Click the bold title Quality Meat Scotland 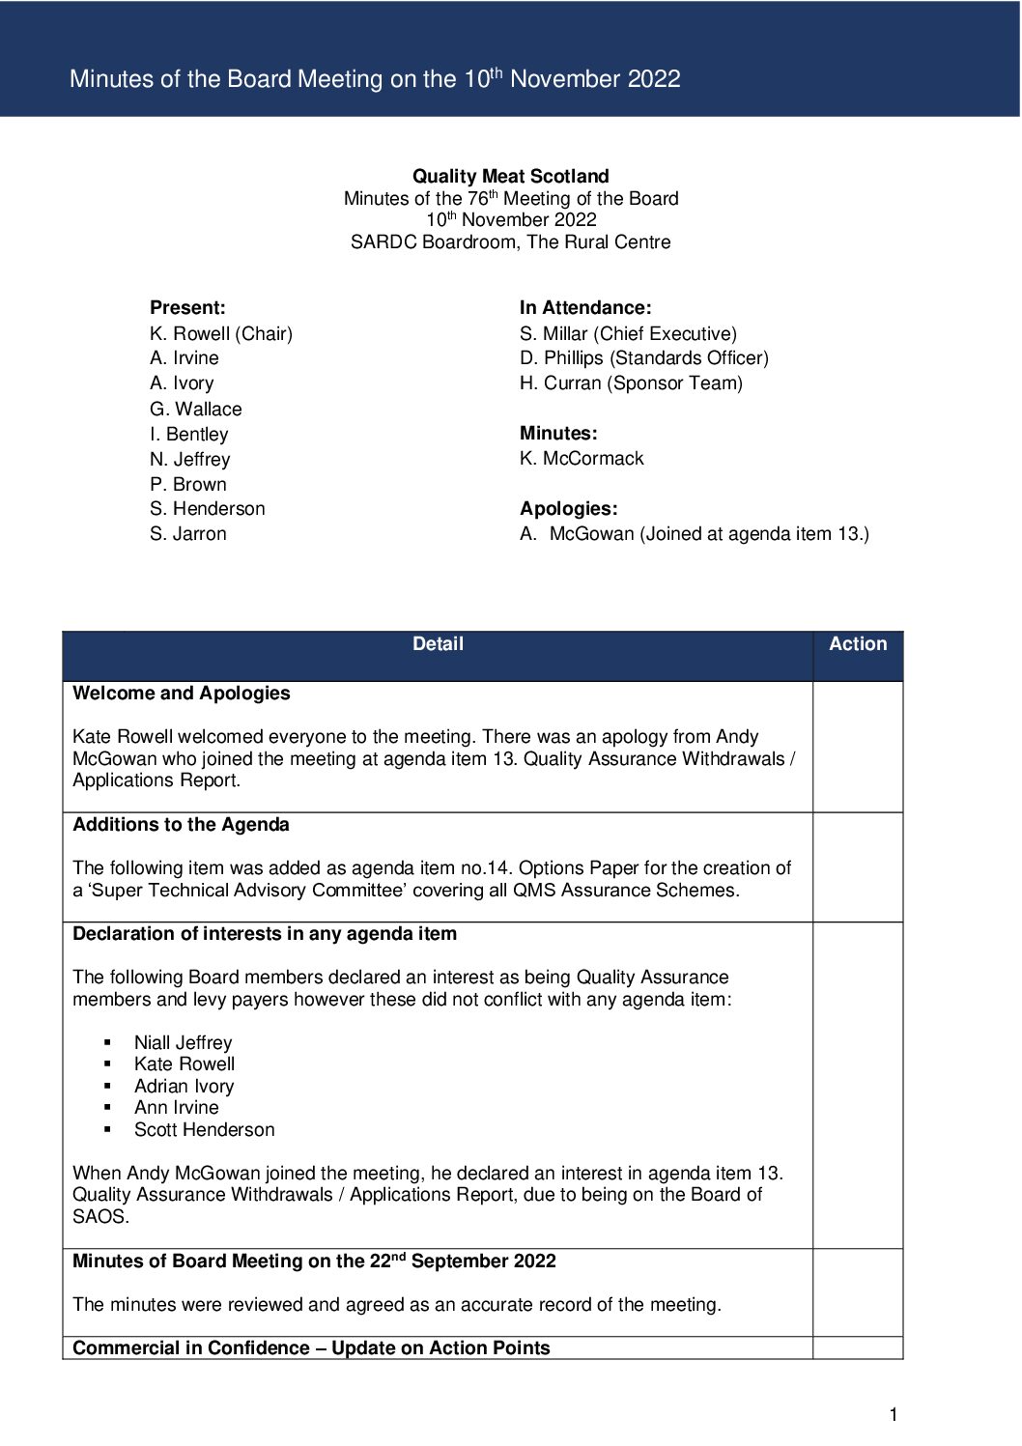(x=510, y=176)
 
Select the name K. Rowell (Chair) (x=221, y=333)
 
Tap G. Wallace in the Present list (x=196, y=409)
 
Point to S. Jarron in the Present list (x=188, y=533)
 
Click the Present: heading (x=187, y=307)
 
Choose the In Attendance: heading (x=585, y=307)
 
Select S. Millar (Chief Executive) (x=628, y=333)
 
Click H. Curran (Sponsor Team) (x=631, y=383)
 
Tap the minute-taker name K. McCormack (x=582, y=458)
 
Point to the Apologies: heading (x=568, y=508)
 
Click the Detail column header (x=438, y=644)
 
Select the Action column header (x=858, y=644)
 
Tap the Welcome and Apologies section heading (x=182, y=693)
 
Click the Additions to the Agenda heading (x=182, y=824)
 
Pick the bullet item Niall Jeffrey (x=184, y=1042)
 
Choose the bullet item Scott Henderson (x=205, y=1129)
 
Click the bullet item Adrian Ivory (x=185, y=1086)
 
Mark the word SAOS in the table (x=99, y=1216)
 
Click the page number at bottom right (x=894, y=1415)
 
